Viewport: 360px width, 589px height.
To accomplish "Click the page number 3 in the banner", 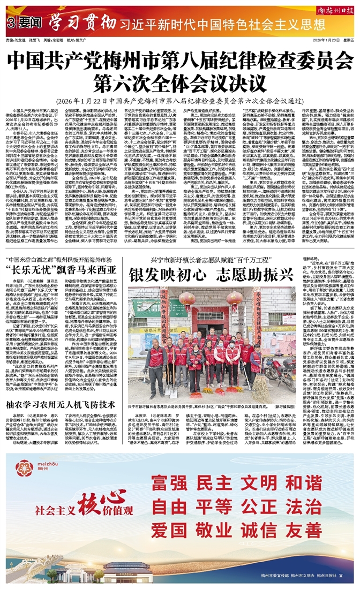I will pyautogui.click(x=10, y=23).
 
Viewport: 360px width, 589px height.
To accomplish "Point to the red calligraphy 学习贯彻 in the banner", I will pyautogui.click(x=83, y=23).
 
